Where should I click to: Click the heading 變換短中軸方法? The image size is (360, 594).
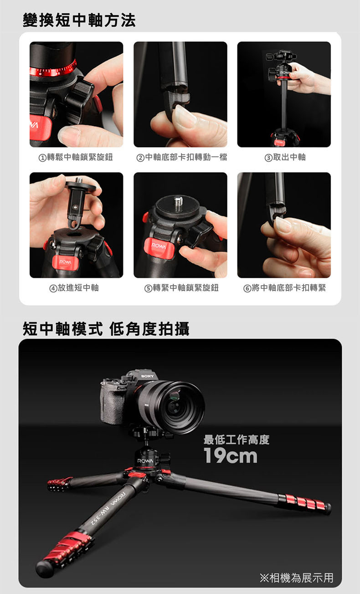(79, 20)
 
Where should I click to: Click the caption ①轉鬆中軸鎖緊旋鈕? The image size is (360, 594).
(76, 157)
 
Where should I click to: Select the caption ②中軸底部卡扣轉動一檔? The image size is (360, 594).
(182, 157)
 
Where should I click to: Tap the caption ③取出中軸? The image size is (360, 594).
(285, 157)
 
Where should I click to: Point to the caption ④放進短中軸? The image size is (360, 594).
(74, 288)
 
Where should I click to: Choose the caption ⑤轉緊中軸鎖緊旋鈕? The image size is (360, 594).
(181, 288)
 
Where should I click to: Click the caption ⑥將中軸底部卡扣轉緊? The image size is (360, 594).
(285, 288)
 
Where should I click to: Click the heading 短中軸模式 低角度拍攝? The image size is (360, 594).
(106, 329)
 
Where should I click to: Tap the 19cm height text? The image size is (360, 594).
(230, 456)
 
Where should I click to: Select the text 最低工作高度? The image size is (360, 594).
(237, 440)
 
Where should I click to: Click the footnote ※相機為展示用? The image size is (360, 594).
(297, 578)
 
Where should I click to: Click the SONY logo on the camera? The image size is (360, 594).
(147, 376)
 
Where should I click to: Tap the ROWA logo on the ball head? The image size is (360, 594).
(145, 461)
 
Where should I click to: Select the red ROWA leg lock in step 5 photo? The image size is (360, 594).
(159, 249)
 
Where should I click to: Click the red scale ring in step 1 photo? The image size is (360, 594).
(53, 70)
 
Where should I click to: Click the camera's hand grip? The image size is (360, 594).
(112, 403)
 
